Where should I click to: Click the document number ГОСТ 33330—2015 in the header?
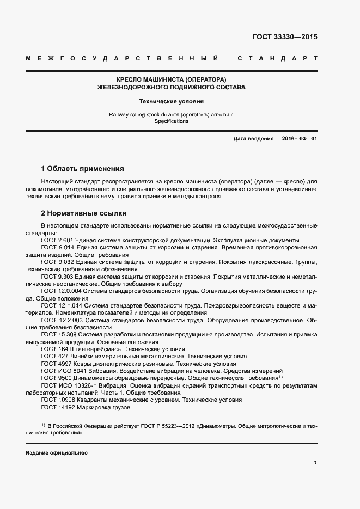click(285, 38)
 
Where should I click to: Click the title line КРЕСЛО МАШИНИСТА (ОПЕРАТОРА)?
click(171, 79)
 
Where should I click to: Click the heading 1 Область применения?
click(82, 168)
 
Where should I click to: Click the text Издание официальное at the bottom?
click(56, 453)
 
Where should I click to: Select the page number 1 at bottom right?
click(315, 463)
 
